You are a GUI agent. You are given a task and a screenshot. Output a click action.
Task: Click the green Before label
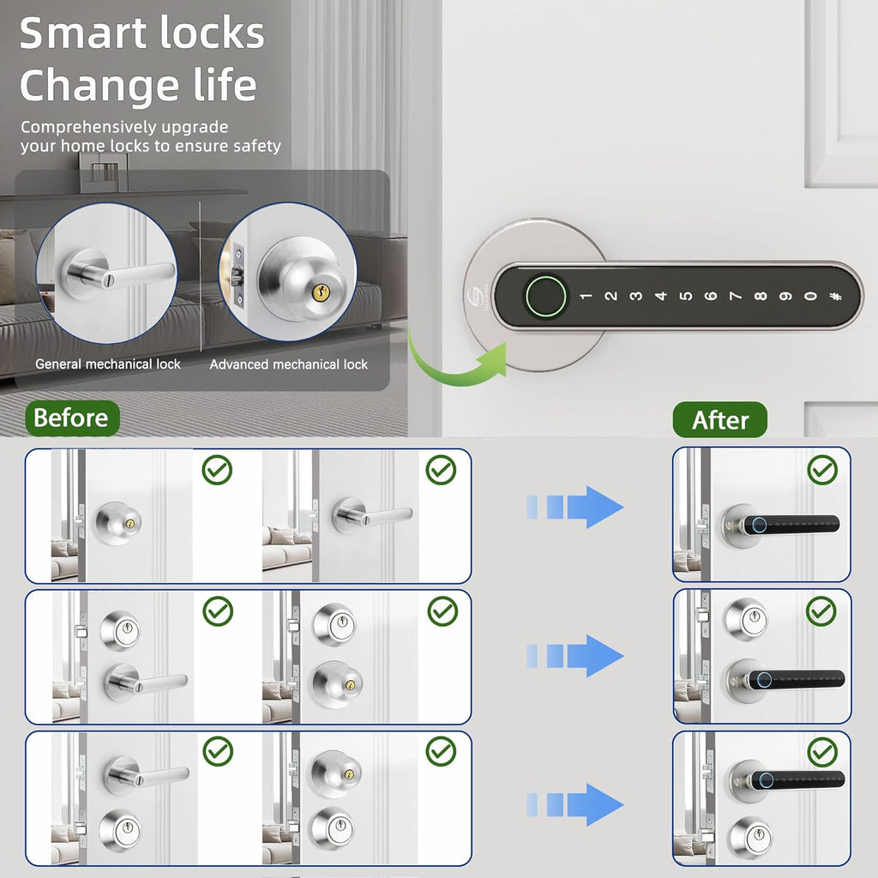pyautogui.click(x=71, y=418)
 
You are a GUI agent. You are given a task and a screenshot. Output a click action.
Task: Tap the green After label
pyautogui.click(x=719, y=420)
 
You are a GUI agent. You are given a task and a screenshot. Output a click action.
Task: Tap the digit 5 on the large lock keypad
pyautogui.click(x=685, y=297)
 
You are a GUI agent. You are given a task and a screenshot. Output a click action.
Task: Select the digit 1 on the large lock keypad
pyautogui.click(x=586, y=297)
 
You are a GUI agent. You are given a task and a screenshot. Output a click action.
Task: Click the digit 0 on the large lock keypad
pyautogui.click(x=809, y=297)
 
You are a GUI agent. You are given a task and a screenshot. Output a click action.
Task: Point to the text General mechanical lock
pyautogui.click(x=108, y=364)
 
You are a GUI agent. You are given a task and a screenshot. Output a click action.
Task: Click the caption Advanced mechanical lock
pyautogui.click(x=289, y=364)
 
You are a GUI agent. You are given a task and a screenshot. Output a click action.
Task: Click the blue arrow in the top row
pyautogui.click(x=574, y=507)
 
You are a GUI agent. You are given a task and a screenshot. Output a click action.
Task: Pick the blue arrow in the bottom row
pyautogui.click(x=574, y=804)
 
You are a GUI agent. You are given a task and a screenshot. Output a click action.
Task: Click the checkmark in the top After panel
pyautogui.click(x=822, y=469)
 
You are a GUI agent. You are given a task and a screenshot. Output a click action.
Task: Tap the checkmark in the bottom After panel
pyautogui.click(x=822, y=752)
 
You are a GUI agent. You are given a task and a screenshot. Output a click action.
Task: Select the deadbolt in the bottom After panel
pyautogui.click(x=749, y=835)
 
